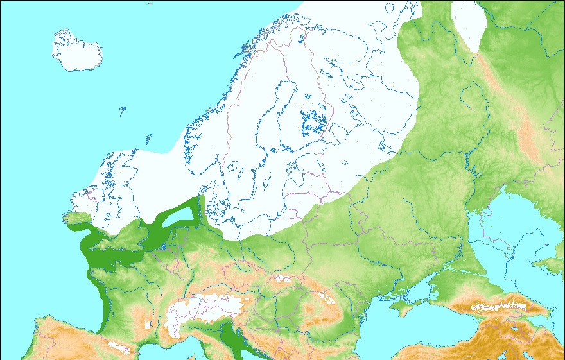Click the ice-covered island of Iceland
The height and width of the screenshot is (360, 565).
(x=77, y=51)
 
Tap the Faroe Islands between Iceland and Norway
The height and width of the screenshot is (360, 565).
(x=122, y=111)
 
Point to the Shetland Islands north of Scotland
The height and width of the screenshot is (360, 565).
(x=148, y=137)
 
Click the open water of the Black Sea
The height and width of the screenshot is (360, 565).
(x=411, y=334)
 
